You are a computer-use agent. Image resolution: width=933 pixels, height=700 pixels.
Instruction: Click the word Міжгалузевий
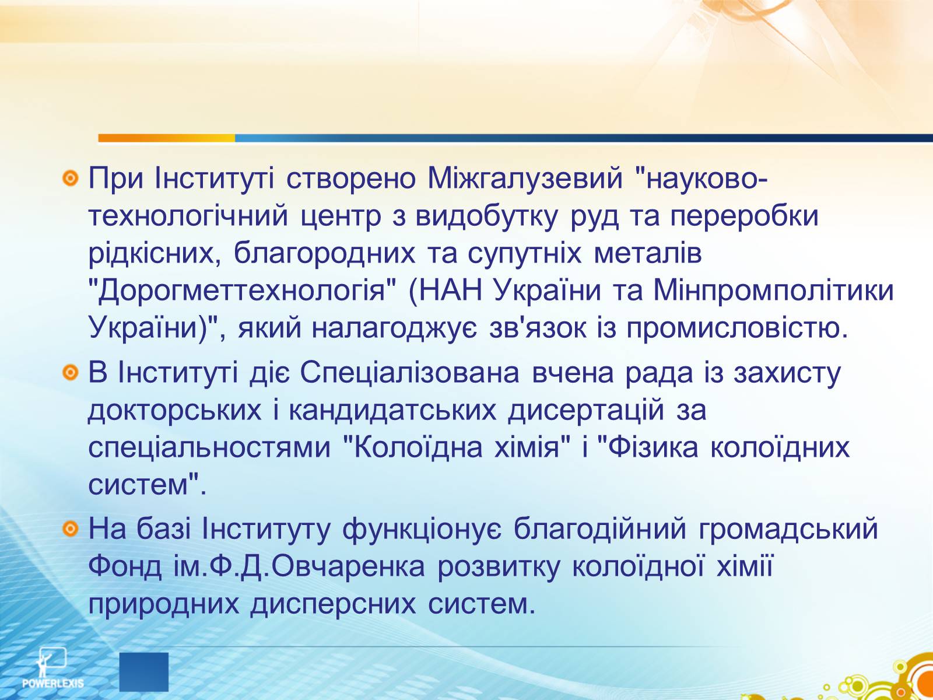pyautogui.click(x=525, y=178)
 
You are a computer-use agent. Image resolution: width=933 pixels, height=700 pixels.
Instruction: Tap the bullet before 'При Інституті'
pyautogui.click(x=71, y=178)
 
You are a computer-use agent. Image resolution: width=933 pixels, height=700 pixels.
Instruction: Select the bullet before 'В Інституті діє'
pyautogui.click(x=71, y=373)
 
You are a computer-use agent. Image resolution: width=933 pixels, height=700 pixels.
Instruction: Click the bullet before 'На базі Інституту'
pyautogui.click(x=71, y=528)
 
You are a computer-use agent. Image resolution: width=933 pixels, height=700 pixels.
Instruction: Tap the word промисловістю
pyautogui.click(x=737, y=328)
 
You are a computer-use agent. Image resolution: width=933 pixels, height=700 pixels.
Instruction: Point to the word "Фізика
pyautogui.click(x=648, y=447)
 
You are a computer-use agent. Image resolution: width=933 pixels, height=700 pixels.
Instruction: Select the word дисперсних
pyautogui.click(x=333, y=604)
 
